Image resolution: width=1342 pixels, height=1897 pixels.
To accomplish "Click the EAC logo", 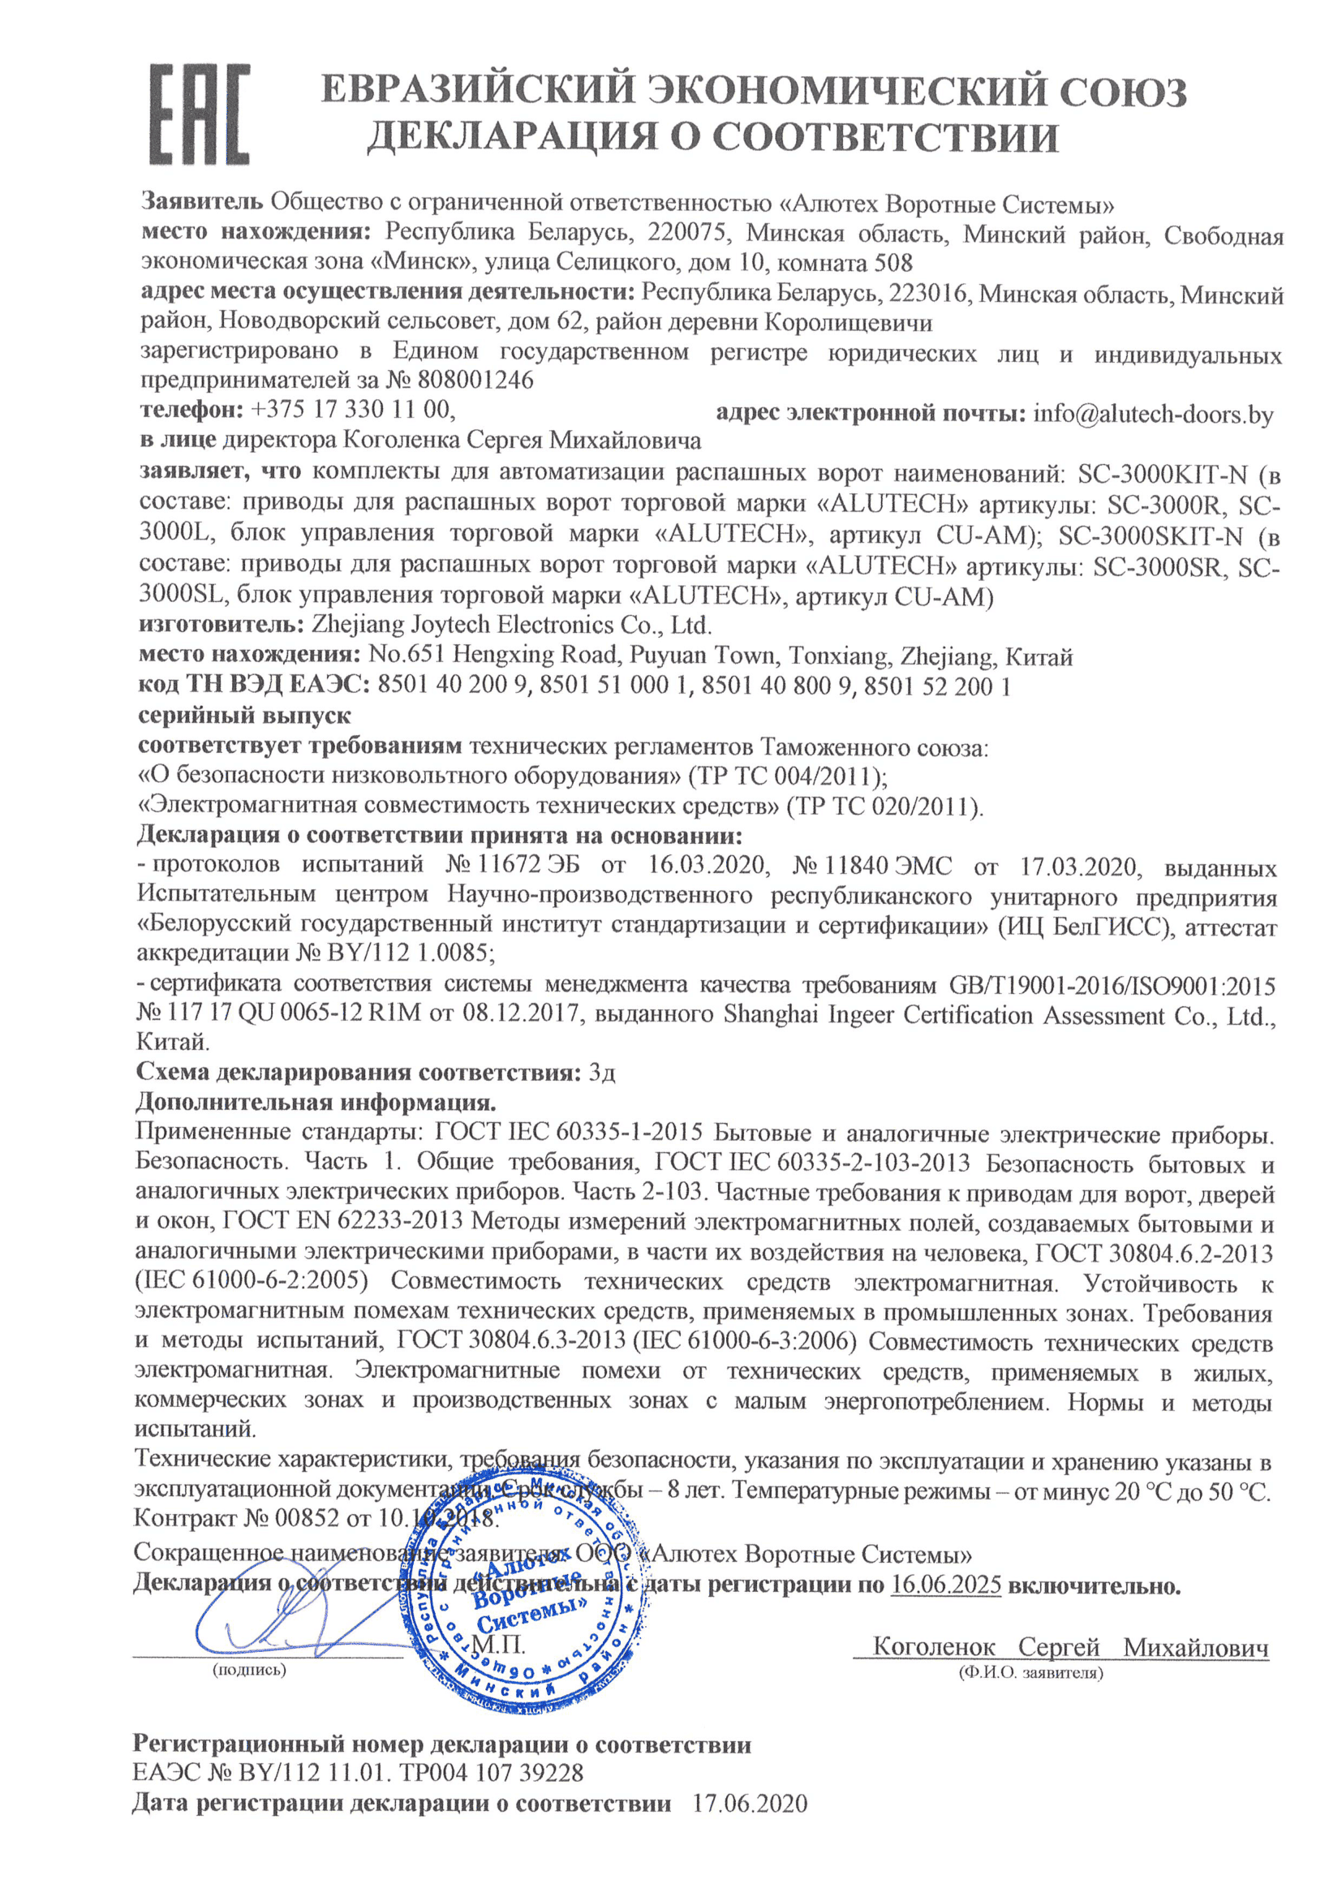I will tap(200, 114).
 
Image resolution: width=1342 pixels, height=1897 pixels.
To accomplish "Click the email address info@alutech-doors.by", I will tap(1153, 414).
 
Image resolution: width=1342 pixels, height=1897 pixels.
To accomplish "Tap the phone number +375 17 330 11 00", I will tap(351, 409).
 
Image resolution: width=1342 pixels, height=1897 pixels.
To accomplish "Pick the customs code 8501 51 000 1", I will tap(613, 686).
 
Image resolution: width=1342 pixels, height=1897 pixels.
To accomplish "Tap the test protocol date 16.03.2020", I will tap(708, 865).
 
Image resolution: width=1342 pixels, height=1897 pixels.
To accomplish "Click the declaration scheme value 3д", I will tap(601, 1073).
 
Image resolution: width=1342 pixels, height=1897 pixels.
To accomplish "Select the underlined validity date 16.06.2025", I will tap(946, 1585).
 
